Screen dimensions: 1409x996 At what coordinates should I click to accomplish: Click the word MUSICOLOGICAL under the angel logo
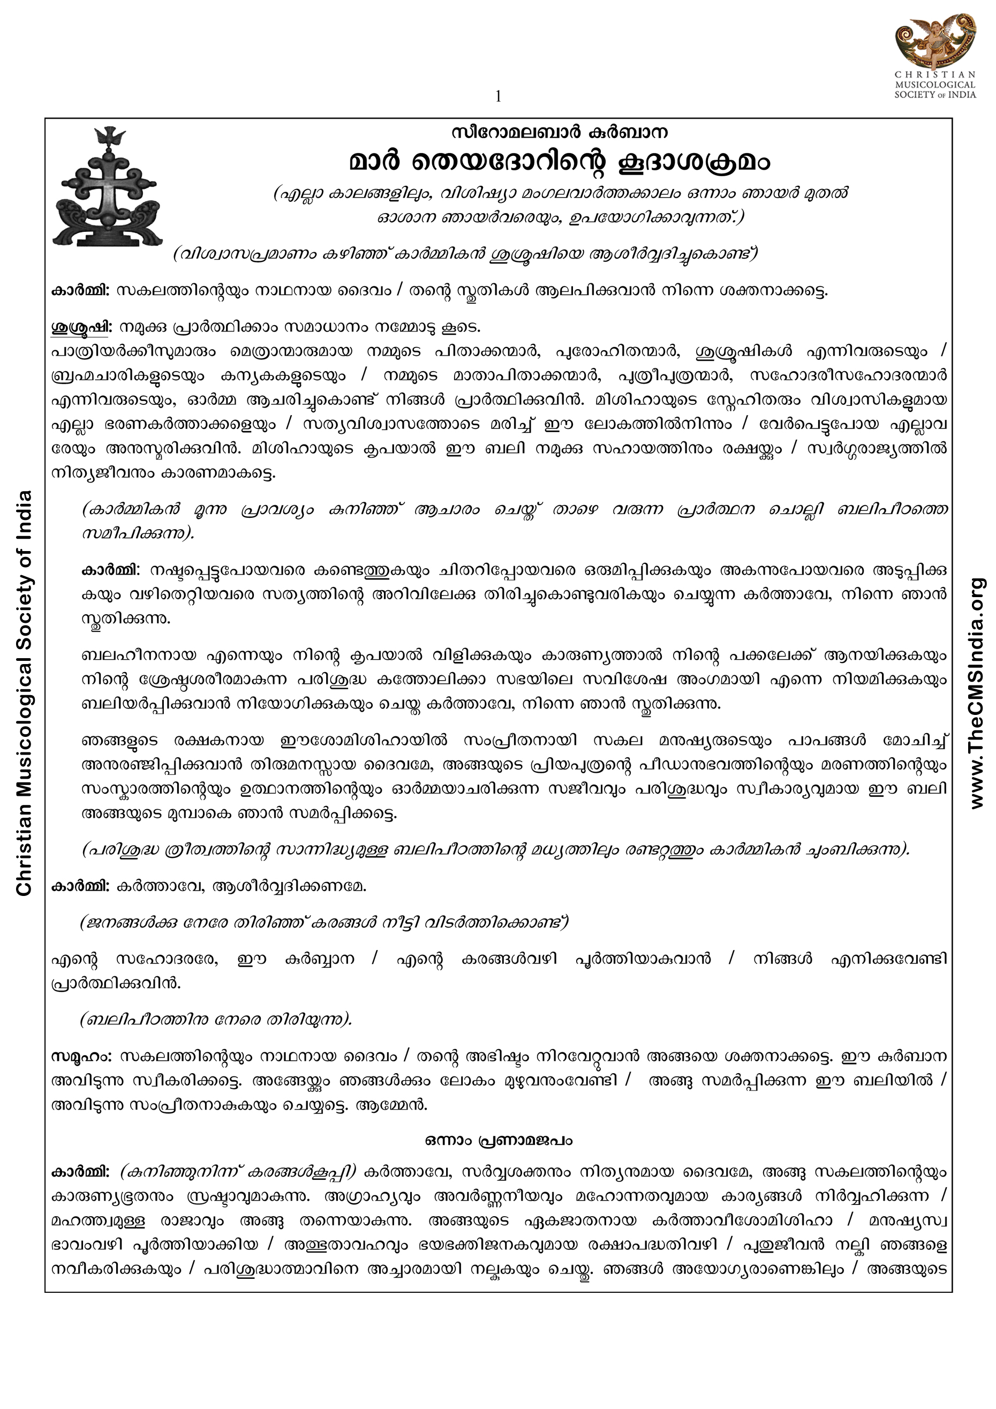point(934,85)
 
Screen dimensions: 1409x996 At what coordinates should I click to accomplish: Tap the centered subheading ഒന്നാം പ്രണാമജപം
point(499,1141)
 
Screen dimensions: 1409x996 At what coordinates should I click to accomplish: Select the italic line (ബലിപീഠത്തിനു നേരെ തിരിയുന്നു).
point(216,1020)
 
